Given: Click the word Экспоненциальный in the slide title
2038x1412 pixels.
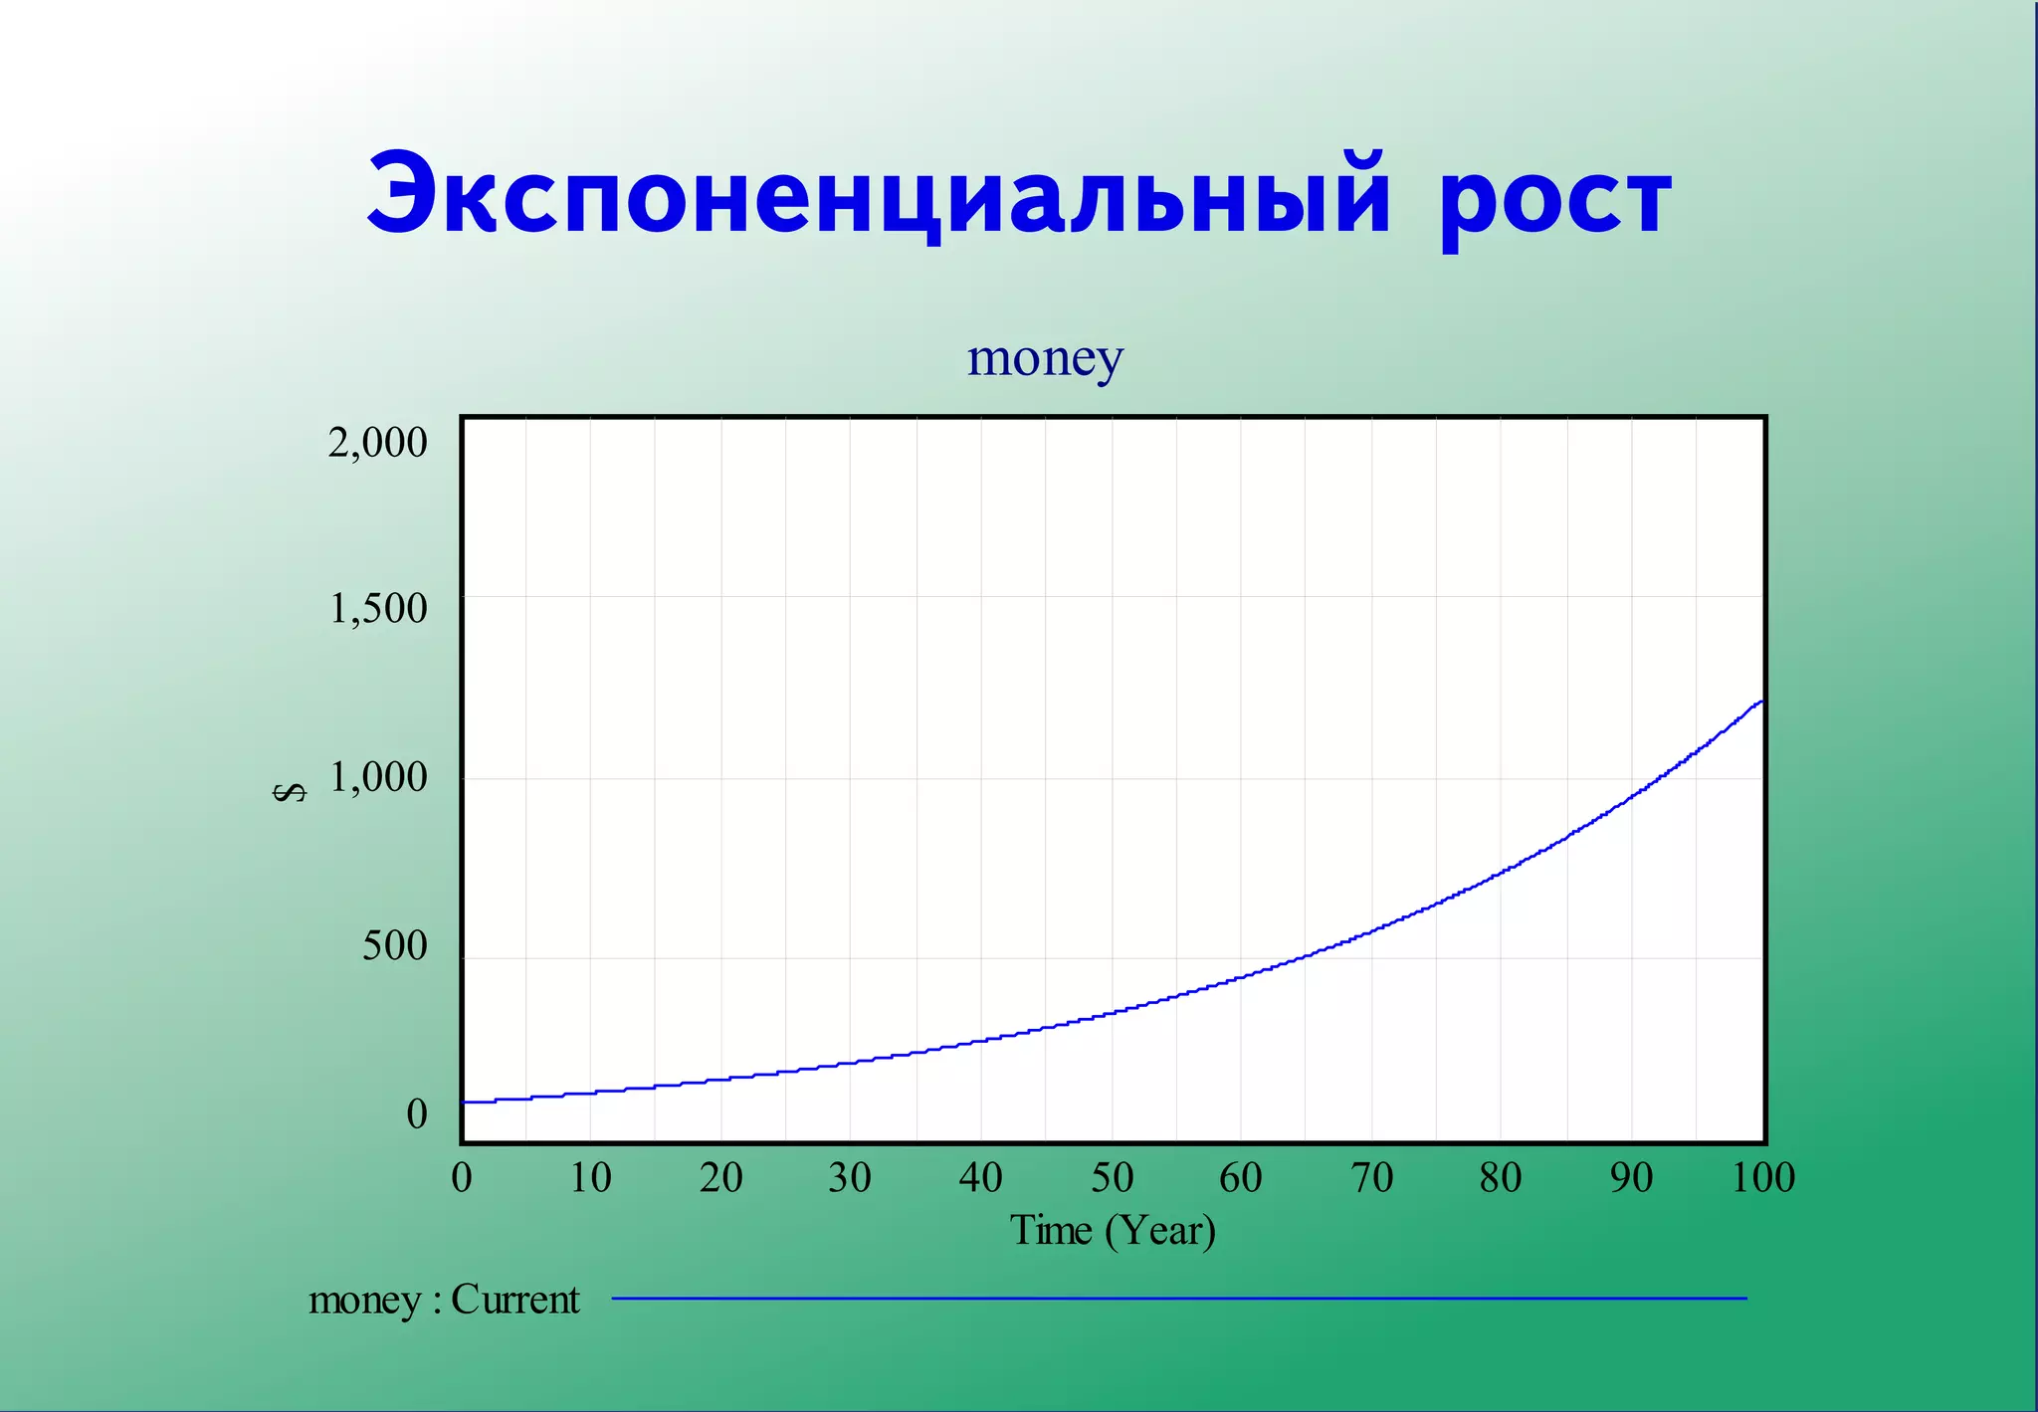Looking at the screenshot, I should coord(878,195).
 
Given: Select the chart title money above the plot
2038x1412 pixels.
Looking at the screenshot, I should coord(1045,358).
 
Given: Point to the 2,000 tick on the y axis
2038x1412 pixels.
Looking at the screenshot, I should coord(377,443).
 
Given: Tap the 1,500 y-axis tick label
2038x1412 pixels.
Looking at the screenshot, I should coord(378,608).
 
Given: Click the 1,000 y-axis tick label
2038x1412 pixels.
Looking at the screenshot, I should coord(378,777).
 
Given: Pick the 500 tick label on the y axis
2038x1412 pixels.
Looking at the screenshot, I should coord(394,945).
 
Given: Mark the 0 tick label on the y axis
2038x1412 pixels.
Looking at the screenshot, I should coord(417,1113).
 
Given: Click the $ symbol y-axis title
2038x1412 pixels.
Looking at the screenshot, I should coord(290,792).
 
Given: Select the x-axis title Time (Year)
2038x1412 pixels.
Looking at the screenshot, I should coord(1113,1231).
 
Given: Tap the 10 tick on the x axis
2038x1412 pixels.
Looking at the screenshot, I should coord(590,1178).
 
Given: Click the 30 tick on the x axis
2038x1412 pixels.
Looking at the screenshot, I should coord(850,1178).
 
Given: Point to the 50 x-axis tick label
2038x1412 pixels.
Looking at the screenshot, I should coord(1112,1178).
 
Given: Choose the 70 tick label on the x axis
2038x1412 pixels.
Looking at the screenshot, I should coord(1371,1178).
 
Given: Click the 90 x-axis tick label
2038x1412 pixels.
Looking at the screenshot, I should coord(1631,1178).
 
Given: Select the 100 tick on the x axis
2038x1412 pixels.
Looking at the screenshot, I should coord(1762,1178).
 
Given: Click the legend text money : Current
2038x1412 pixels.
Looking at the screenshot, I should coord(444,1300).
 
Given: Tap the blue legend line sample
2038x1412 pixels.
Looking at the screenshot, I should coord(1179,1299).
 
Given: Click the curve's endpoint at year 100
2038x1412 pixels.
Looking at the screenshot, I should coord(1761,702).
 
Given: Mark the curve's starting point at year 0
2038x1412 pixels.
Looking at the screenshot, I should coord(465,1102).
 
